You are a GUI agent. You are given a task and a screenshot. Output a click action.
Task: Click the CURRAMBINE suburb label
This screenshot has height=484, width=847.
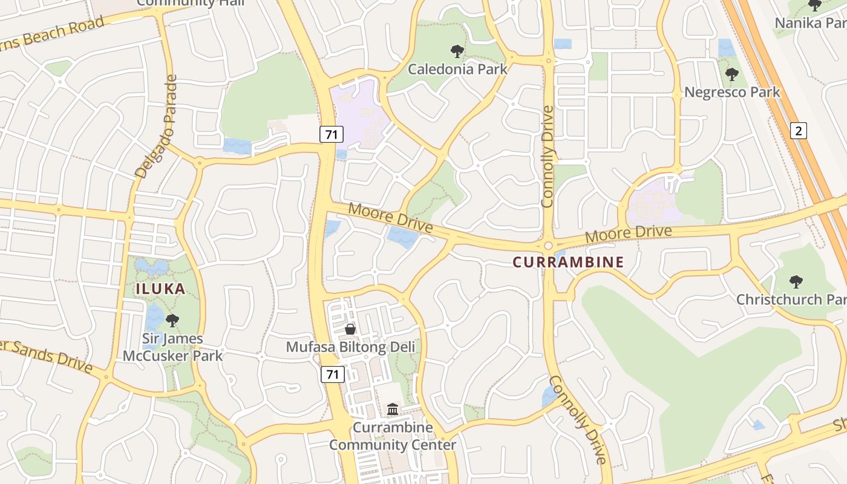(x=567, y=262)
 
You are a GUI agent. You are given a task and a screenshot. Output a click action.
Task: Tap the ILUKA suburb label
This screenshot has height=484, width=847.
(x=160, y=289)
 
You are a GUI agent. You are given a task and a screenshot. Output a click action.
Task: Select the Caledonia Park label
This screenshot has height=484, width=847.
(x=457, y=69)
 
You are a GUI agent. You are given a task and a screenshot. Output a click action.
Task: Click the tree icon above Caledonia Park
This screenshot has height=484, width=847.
(x=457, y=51)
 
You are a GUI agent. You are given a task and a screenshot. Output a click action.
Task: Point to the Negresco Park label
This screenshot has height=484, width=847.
(x=732, y=93)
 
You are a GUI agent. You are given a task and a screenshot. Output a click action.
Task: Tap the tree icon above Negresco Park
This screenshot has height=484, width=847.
(x=732, y=75)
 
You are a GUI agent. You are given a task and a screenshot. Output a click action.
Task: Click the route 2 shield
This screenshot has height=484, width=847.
(x=799, y=130)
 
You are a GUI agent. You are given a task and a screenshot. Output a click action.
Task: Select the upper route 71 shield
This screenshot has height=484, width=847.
(x=331, y=134)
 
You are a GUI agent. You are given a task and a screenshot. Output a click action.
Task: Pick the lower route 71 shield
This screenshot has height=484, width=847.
(x=332, y=374)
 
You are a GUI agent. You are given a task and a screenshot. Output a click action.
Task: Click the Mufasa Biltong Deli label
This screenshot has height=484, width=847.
(x=350, y=347)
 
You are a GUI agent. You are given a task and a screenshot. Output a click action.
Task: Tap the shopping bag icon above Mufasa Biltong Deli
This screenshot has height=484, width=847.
(x=350, y=329)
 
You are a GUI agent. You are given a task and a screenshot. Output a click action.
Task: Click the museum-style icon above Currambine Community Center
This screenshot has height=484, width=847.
(x=393, y=410)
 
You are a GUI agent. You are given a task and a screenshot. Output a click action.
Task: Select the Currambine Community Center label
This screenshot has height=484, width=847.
(x=393, y=436)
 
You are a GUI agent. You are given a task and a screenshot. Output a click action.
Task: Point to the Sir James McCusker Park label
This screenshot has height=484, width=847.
(x=172, y=347)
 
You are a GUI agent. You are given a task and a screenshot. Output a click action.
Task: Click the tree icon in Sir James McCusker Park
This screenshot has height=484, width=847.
(x=172, y=320)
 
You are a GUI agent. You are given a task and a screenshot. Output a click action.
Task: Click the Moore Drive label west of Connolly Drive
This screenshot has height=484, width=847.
(x=391, y=218)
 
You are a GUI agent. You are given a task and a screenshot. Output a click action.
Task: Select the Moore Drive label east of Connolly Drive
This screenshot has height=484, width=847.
(x=629, y=234)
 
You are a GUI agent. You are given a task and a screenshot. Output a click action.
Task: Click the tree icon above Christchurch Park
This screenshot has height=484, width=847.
(x=796, y=281)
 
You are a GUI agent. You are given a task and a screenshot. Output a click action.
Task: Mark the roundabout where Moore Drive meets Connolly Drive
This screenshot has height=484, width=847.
(x=548, y=246)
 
